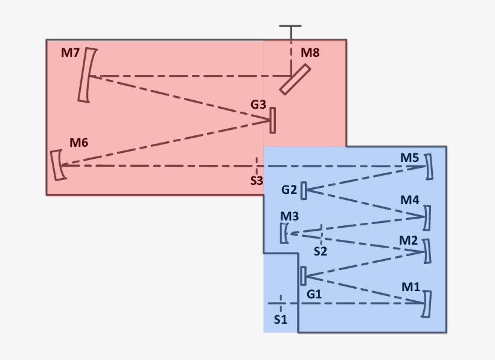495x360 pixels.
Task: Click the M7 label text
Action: pos(71,53)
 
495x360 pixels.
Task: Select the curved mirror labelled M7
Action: pos(88,76)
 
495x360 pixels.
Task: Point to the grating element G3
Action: pos(273,120)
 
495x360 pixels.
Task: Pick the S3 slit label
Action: pos(257,180)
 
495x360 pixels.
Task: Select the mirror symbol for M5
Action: pos(429,167)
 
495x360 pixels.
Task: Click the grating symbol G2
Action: pos(303,190)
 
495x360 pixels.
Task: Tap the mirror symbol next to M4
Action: pos(428,218)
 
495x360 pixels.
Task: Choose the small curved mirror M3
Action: pos(284,233)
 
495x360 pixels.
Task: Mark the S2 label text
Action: pos(320,251)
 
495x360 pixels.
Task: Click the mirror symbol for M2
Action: pos(428,251)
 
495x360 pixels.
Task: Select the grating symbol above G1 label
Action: pos(303,275)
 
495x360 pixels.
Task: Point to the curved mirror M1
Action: pos(427,304)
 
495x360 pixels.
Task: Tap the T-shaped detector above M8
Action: pos(290,28)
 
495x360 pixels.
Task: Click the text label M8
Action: pos(310,53)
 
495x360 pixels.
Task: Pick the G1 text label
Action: pos(314,294)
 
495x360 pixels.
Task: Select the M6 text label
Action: pos(78,143)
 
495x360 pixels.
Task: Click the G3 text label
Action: pos(258,104)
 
